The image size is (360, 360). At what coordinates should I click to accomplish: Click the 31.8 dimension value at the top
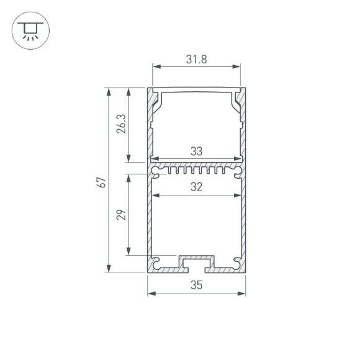pyautogui.click(x=197, y=60)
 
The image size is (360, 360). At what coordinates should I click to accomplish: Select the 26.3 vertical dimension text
pyautogui.click(x=121, y=124)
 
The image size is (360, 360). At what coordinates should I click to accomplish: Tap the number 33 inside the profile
pyautogui.click(x=196, y=151)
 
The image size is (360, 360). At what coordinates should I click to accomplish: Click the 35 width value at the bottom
pyautogui.click(x=197, y=286)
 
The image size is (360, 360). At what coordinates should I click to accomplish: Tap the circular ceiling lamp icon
pyautogui.click(x=29, y=30)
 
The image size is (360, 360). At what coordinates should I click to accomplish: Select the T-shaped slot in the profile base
pyautogui.click(x=196, y=263)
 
